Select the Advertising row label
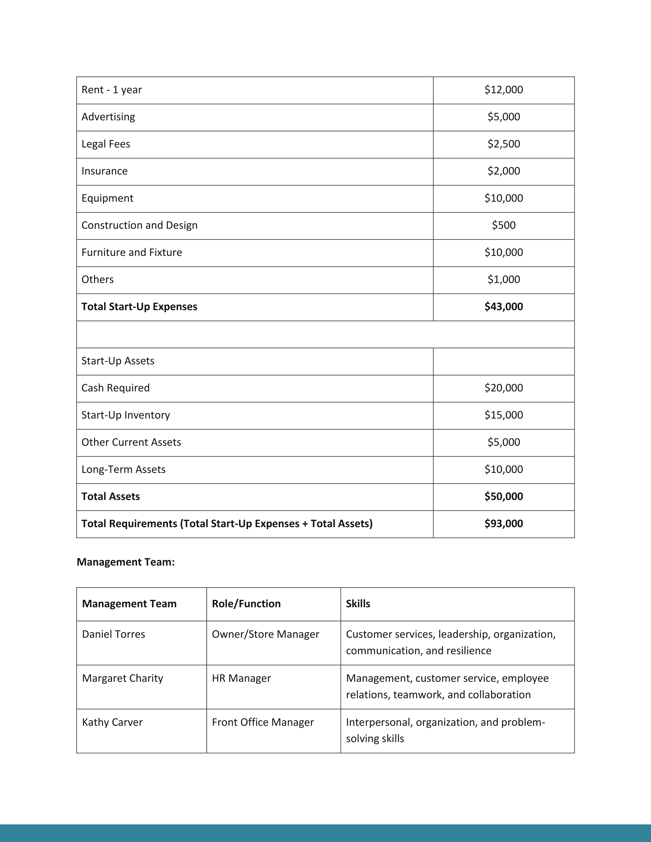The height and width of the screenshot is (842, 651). pos(108,117)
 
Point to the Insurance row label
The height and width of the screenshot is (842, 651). pos(104,171)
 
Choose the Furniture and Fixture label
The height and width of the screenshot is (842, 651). pos(131,253)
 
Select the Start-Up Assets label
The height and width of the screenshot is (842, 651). pos(118,361)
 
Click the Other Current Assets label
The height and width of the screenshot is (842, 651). pos(131,442)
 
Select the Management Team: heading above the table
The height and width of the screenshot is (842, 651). pos(126,562)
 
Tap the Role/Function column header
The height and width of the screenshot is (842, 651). pos(246,604)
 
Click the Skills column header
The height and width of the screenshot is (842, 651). pos(358,604)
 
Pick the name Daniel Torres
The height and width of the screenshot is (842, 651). pos(113,634)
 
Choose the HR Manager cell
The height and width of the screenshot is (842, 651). pos(242,678)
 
